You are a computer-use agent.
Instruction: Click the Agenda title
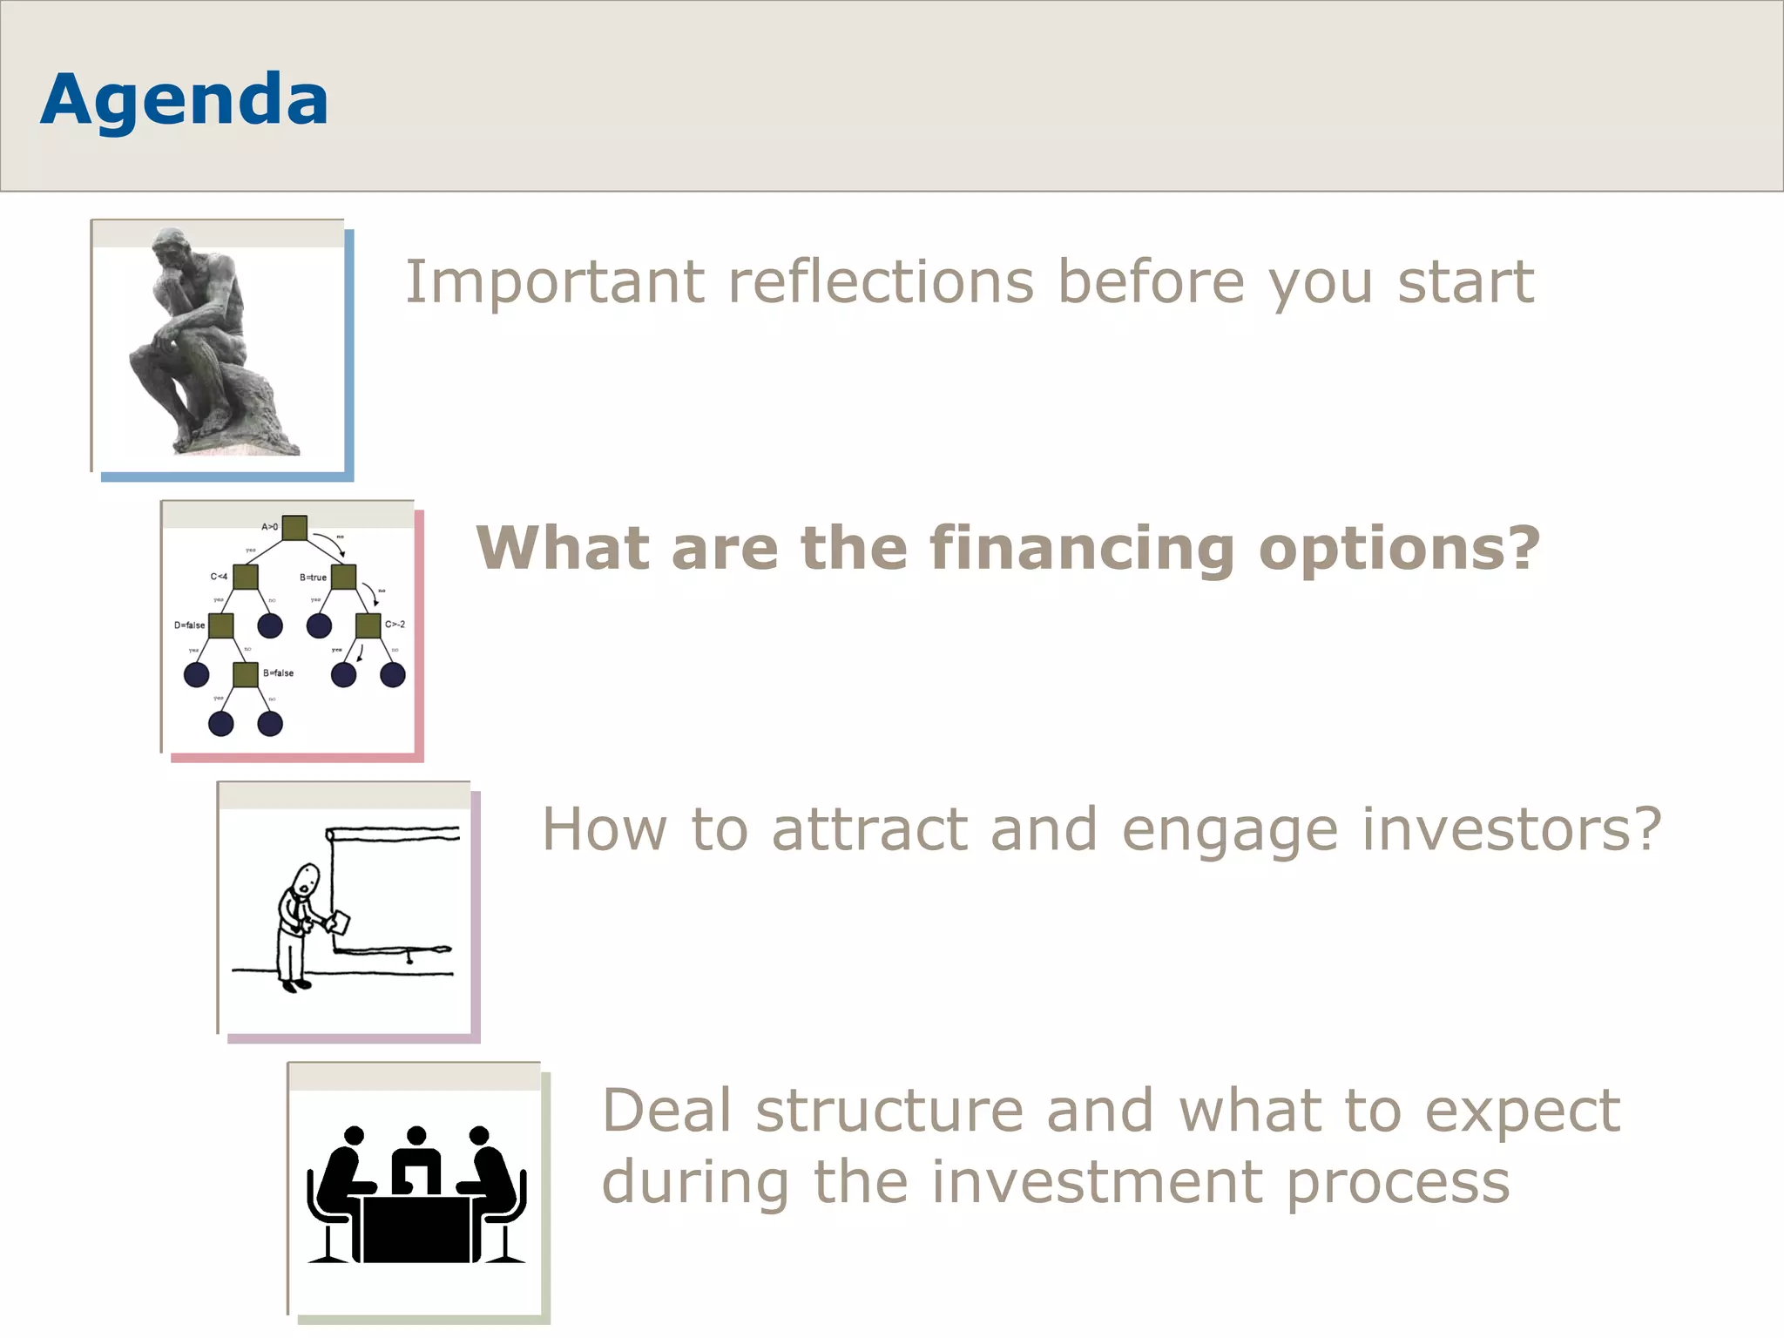click(184, 99)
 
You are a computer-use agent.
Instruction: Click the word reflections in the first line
click(881, 282)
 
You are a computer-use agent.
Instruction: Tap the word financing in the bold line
click(1081, 549)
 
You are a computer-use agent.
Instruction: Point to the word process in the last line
click(1397, 1183)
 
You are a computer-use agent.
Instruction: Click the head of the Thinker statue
click(171, 247)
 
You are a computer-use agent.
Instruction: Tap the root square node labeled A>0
click(294, 528)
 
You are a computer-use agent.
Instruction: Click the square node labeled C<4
click(246, 577)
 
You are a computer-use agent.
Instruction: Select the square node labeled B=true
click(344, 577)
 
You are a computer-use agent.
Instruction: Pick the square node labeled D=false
click(221, 625)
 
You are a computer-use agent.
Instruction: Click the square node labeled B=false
click(246, 674)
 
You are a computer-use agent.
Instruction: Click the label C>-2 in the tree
click(395, 625)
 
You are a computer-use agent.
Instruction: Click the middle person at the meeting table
click(416, 1163)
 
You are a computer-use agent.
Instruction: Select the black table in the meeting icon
click(416, 1228)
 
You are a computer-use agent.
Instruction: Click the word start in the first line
click(1465, 282)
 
